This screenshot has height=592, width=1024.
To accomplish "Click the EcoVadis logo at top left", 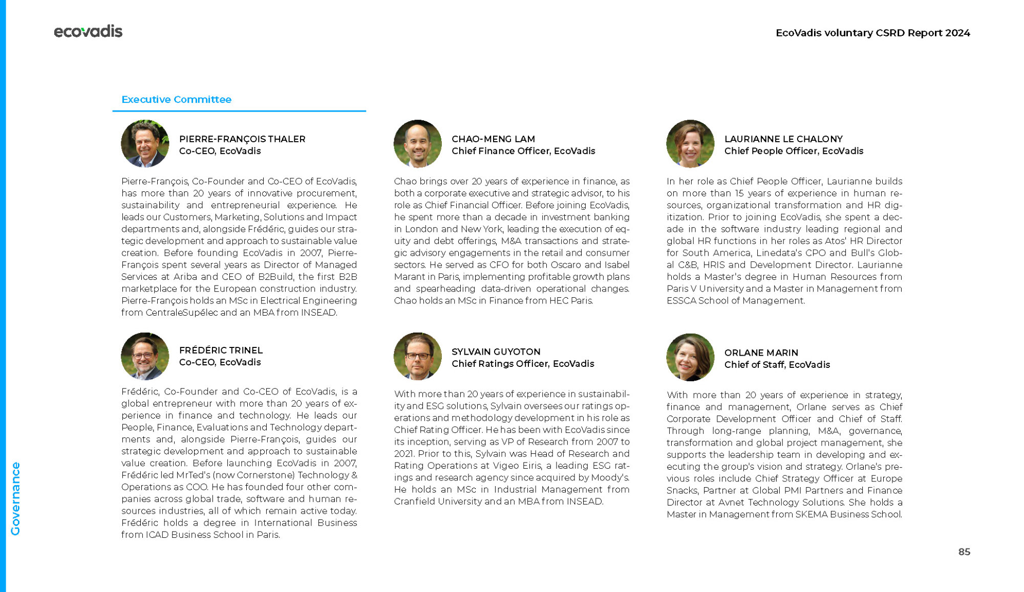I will click(88, 32).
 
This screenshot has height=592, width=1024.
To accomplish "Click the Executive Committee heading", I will click(176, 99).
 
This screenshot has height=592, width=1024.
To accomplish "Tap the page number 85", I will click(964, 552).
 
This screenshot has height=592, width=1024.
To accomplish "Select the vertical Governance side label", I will click(16, 498).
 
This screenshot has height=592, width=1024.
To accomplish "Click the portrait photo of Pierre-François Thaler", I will click(145, 144).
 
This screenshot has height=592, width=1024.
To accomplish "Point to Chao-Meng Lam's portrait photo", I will click(417, 144).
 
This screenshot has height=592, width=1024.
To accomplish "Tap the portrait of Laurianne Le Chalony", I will click(690, 144).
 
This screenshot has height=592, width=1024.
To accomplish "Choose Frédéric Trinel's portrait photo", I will click(145, 356).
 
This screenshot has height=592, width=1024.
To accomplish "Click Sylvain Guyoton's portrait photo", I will click(417, 356).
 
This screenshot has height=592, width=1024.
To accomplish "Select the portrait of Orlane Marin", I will click(690, 357).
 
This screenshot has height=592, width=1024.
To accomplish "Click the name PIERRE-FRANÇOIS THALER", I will click(242, 139).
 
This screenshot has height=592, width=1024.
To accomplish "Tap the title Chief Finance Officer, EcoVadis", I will click(523, 151).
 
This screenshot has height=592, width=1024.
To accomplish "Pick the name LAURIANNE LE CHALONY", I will click(783, 139).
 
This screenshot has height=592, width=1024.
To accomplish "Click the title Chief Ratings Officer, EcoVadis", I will click(523, 364).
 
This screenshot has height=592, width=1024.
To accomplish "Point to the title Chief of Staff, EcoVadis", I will click(777, 365).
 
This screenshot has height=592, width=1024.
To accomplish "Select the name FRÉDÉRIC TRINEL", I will click(221, 350).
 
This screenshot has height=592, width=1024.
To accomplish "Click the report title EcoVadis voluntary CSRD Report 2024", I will click(872, 33).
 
